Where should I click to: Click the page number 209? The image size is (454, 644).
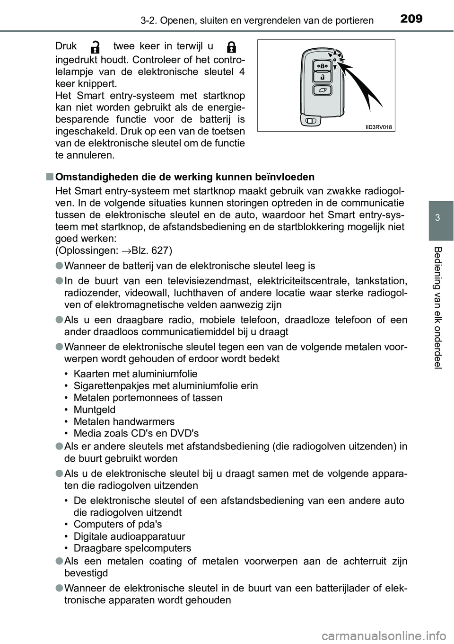click(410, 18)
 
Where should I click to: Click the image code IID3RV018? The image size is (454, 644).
click(380, 126)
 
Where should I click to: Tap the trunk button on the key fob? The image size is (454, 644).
click(322, 90)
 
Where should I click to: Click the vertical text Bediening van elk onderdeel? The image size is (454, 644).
click(440, 308)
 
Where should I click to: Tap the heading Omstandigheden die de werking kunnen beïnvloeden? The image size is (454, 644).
click(184, 177)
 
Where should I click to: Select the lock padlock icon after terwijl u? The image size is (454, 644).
click(231, 47)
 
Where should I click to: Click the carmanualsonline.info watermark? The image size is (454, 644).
click(395, 634)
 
